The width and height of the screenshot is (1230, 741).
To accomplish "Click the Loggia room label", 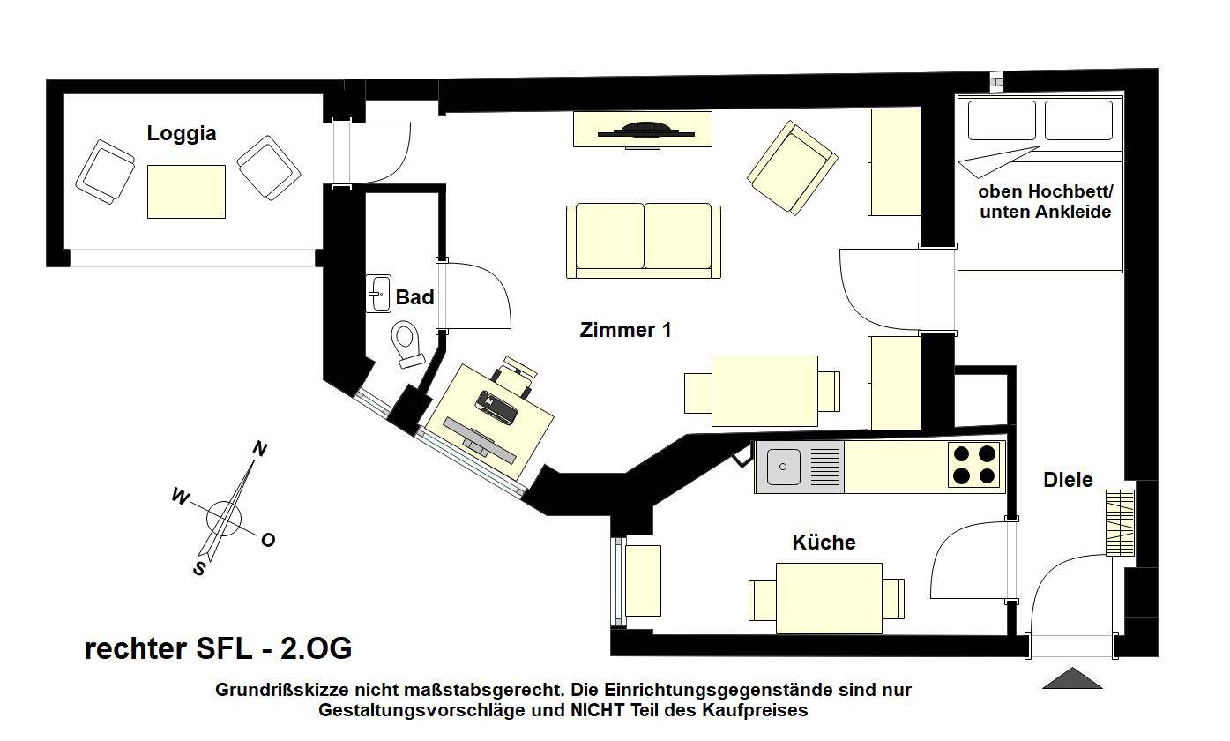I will [181, 134].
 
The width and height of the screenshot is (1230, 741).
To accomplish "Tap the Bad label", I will [414, 297].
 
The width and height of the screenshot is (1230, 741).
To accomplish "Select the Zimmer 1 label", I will [625, 330].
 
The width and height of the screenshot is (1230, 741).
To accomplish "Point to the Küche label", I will [824, 542].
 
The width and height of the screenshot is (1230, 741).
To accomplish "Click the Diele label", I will [1068, 480].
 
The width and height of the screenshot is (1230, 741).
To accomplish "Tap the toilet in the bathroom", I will [407, 343].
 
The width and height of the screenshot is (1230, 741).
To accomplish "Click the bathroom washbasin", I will [379, 294].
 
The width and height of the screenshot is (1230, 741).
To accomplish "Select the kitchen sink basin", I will [783, 467].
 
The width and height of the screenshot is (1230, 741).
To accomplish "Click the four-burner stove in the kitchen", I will [974, 466].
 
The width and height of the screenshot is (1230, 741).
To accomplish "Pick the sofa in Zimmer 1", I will [643, 240].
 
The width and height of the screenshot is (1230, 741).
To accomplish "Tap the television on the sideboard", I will [645, 131].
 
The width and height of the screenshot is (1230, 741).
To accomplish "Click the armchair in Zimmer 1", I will [791, 168].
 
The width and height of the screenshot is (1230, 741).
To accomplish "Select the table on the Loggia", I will [186, 191].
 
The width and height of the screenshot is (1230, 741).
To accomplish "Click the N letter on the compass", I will [260, 449].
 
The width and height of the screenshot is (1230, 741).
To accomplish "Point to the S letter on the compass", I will [199, 569].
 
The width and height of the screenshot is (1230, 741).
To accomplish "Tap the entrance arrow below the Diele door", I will [1072, 678].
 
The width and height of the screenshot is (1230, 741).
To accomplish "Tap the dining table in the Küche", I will [828, 598].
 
